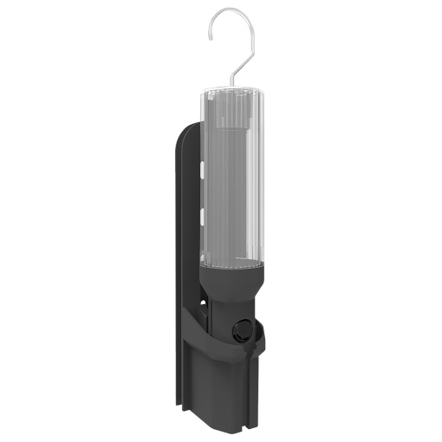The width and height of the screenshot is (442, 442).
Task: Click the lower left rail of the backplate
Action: pos(183,381)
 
